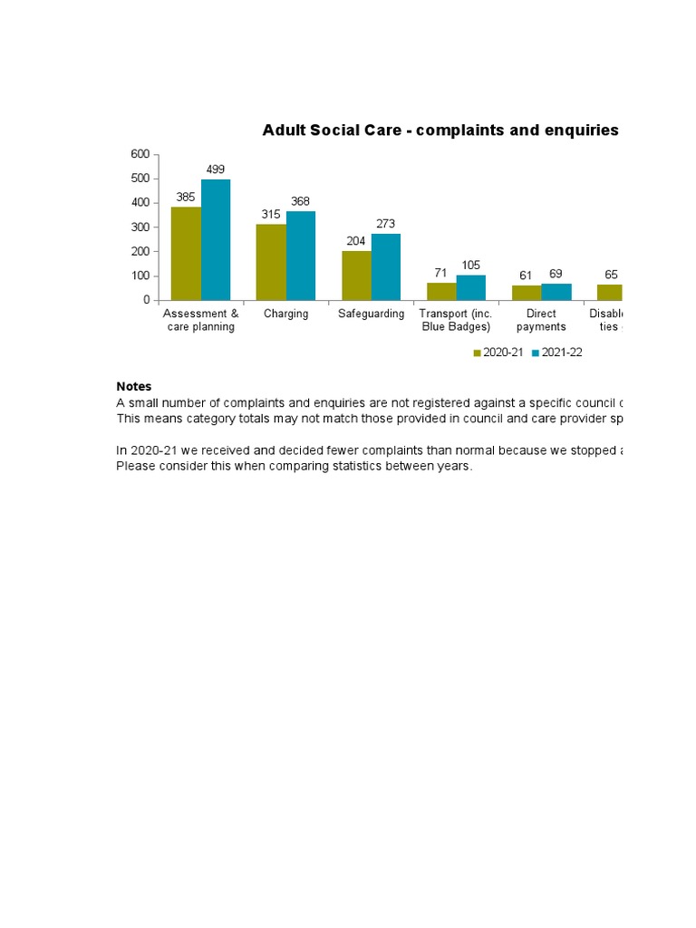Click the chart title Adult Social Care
point(440,130)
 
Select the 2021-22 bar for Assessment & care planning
point(216,239)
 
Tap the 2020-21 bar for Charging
point(271,262)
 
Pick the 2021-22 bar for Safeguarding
point(385,266)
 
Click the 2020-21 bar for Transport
point(441,291)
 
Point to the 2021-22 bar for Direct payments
point(556,292)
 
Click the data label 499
point(216,169)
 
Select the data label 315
point(271,214)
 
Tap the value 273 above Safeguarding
point(385,224)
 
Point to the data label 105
point(471,265)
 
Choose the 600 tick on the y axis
point(140,155)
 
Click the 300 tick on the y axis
point(140,227)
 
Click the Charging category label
point(286,314)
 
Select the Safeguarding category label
point(372,314)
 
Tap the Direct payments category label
point(542,321)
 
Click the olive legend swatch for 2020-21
point(478,353)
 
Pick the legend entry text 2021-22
point(562,353)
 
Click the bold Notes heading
point(134,387)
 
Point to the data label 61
point(526,275)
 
